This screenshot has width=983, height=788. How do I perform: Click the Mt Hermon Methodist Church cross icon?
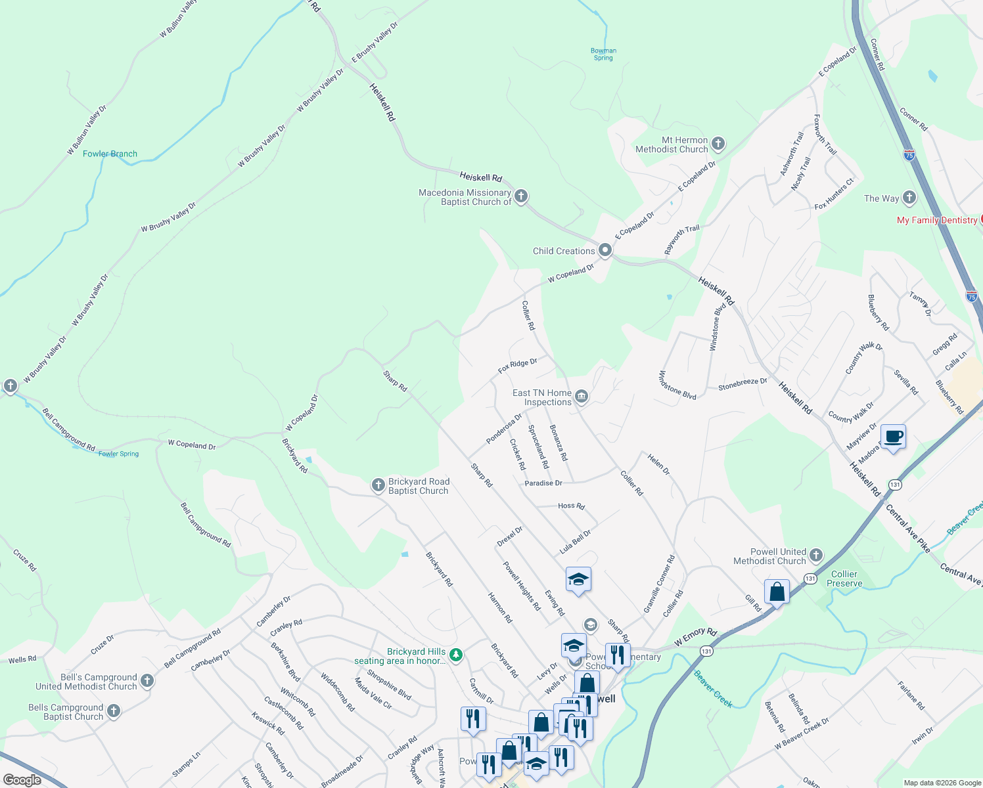[718, 144]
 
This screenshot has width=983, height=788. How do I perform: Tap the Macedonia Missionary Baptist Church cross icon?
[521, 196]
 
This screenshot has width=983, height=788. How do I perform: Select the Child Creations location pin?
[605, 250]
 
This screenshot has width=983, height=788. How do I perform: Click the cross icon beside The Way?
[909, 197]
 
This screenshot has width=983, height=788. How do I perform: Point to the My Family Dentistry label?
[937, 221]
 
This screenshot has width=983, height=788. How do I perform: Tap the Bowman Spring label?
[603, 55]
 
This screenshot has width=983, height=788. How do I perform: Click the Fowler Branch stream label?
[110, 154]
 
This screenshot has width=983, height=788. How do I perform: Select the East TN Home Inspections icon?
[582, 396]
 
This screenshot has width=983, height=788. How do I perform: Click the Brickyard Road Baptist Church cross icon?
[378, 485]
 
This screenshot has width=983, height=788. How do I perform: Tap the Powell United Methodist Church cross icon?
[816, 556]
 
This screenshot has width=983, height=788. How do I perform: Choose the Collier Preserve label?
[844, 579]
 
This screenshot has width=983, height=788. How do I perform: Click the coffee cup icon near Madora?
[894, 437]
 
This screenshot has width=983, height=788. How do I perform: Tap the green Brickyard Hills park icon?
[456, 655]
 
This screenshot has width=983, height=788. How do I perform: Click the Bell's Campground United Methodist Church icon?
[147, 681]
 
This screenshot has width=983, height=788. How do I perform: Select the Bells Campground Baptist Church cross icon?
[114, 711]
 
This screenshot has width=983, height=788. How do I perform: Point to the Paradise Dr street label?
[543, 483]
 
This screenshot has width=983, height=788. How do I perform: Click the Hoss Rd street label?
[571, 506]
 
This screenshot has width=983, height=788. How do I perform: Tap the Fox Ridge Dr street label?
[517, 366]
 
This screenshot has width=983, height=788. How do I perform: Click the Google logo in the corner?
[22, 780]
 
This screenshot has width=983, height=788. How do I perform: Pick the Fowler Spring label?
[119, 454]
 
